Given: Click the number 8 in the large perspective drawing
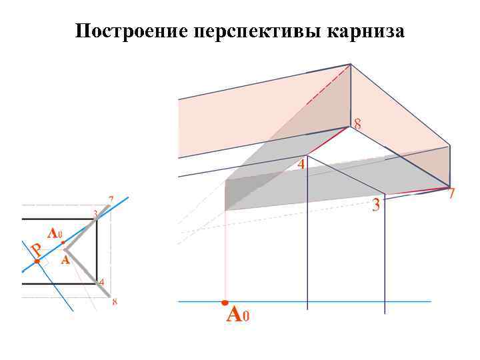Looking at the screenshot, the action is coord(358,124).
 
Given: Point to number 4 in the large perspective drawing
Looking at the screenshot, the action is coord(301,164).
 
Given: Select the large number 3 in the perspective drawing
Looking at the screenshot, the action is coord(376,205).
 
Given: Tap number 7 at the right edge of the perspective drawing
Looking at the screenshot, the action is coord(451,195).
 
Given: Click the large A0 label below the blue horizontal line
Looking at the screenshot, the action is coord(237,314).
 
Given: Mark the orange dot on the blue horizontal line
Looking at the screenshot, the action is coord(225,302).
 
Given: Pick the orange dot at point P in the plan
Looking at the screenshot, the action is coord(37,262).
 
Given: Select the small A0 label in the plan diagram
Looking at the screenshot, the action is coord(55,234).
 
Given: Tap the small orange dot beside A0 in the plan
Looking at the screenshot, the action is coord(63,243).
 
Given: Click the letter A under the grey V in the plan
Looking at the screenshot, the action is coord(65,261).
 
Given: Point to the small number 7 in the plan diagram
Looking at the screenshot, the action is coord(111,199).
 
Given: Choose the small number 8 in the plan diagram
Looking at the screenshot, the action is coord(115,302).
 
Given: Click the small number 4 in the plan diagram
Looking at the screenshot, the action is coord(101,282).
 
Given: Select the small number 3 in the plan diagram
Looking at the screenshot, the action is coord(95,213).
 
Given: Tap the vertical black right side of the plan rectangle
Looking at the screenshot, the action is coord(97,251).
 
